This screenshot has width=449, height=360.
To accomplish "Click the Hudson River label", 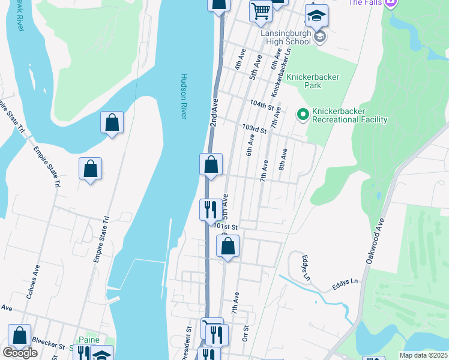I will point(184,96).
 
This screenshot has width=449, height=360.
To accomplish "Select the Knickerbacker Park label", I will point(313,81).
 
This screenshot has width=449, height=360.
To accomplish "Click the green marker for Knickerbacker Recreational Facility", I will point(303,113).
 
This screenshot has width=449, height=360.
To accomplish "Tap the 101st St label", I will point(227,227).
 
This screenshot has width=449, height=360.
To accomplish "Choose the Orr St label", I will point(246,334).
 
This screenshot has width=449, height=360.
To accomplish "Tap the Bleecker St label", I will point(48,346).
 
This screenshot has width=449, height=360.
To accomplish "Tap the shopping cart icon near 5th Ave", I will point(261,11).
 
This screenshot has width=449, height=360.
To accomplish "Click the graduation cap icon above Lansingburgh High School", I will point(316,15).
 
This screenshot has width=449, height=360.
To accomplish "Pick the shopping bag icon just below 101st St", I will point(228,245).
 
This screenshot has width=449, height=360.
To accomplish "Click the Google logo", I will point(20,353).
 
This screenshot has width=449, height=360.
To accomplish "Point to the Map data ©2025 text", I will point(424,355).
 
